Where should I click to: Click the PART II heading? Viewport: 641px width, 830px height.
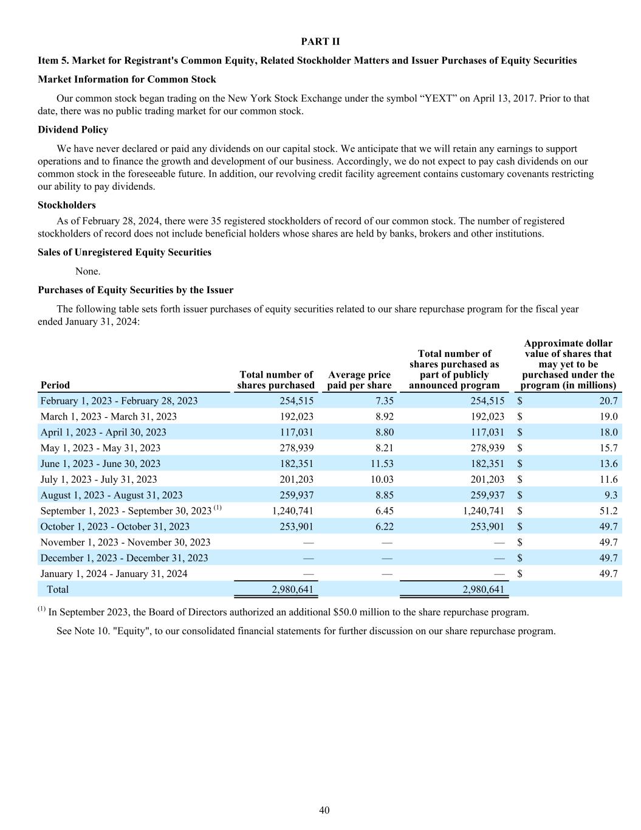tap(320, 41)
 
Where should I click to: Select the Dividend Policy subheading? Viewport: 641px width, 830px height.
tap(73, 130)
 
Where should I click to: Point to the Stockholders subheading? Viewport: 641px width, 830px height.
tap(67, 205)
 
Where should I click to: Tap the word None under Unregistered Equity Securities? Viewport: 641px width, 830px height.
tap(88, 271)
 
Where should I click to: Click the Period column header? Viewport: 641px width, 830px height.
tap(55, 385)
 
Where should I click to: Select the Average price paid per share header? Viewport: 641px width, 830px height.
tap(358, 380)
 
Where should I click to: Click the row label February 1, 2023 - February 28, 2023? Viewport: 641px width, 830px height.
tap(119, 401)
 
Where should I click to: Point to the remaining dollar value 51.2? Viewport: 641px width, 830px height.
tap(608, 511)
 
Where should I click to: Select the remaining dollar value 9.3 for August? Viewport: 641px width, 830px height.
tap(611, 495)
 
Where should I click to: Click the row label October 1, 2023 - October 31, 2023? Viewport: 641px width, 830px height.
tap(115, 527)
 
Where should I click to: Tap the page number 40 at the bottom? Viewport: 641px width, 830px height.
tap(324, 810)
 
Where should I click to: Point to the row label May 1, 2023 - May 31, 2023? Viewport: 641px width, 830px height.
tap(100, 448)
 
